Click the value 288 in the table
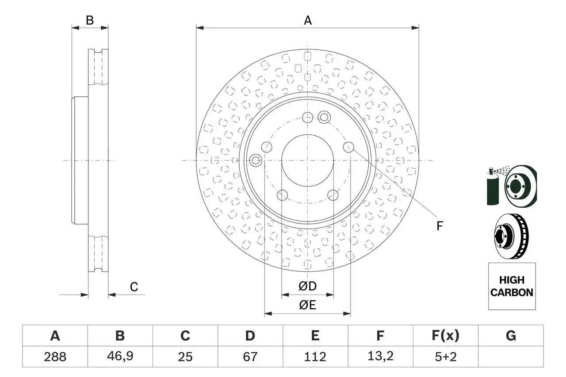point(55,357)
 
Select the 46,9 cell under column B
point(120,357)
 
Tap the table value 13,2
point(380,357)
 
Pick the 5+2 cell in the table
point(445,357)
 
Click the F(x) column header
point(445,336)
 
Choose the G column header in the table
point(511,336)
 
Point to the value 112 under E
point(315,357)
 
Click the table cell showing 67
point(250,357)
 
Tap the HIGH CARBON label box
point(512,286)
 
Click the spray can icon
point(493,188)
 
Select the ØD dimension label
point(308,286)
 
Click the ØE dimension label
point(308,305)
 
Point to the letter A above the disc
point(308,20)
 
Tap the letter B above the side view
point(90,20)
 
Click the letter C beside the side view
point(134,287)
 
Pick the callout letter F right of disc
point(440,226)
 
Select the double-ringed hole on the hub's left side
point(256,160)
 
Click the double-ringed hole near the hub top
point(324,117)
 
